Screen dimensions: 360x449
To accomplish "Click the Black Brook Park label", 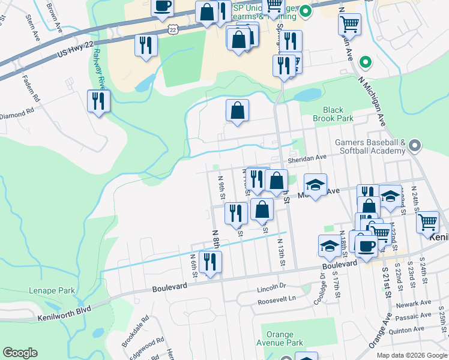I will [333, 114].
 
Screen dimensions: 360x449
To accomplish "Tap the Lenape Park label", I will [52, 291].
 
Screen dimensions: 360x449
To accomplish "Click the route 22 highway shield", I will [173, 29].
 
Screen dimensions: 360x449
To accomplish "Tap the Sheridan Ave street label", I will [307, 158].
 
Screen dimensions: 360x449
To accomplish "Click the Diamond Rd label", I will [17, 114].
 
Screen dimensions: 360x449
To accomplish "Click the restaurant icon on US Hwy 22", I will [146, 46].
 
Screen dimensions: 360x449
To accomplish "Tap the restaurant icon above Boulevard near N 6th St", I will [210, 262].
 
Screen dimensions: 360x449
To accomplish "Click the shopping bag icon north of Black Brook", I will [237, 110].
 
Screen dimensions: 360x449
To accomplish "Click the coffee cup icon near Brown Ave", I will [162, 8].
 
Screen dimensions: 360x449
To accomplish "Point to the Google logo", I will [20, 353].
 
